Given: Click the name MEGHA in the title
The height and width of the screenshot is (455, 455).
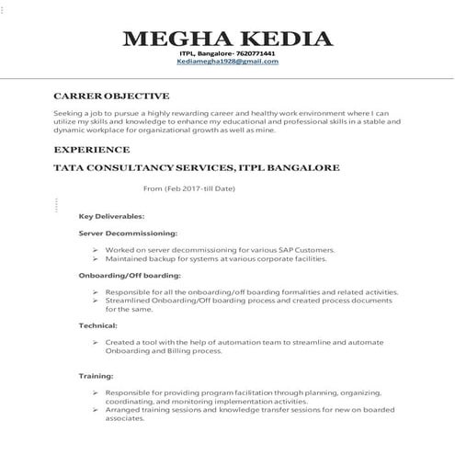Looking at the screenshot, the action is pyautogui.click(x=174, y=39).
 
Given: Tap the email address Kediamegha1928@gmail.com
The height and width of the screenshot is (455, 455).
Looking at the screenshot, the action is pyautogui.click(x=227, y=61).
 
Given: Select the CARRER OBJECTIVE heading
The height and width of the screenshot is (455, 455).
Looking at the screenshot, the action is pyautogui.click(x=111, y=96).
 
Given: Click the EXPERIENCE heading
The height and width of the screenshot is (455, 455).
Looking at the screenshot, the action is pyautogui.click(x=92, y=149).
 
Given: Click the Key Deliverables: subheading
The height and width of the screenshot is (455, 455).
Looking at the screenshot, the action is pyautogui.click(x=111, y=216).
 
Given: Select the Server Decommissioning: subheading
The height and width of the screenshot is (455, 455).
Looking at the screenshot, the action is pyautogui.click(x=128, y=233).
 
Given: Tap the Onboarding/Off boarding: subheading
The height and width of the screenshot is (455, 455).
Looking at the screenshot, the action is pyautogui.click(x=130, y=275).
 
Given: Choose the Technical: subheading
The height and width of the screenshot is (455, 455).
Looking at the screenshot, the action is pyautogui.click(x=97, y=325).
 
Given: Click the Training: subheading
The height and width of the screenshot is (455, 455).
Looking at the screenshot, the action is pyautogui.click(x=97, y=376).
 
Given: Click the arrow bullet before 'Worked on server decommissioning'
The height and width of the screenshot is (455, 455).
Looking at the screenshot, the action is pyautogui.click(x=96, y=250).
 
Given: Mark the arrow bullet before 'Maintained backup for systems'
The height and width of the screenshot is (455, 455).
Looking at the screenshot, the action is pyautogui.click(x=96, y=258).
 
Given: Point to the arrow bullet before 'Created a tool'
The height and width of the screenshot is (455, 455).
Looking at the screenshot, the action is pyautogui.click(x=96, y=342).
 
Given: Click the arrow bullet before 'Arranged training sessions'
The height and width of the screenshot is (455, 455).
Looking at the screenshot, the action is pyautogui.click(x=96, y=409).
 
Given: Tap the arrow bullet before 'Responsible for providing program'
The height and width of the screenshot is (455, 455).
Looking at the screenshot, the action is pyautogui.click(x=96, y=392).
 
